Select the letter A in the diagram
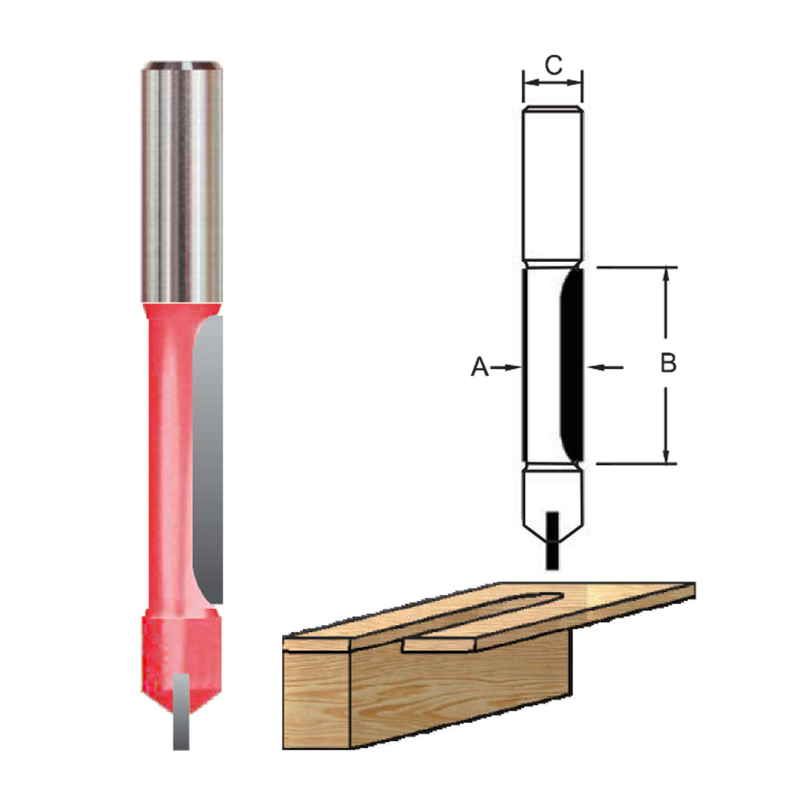(480, 367)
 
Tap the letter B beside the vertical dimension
(667, 363)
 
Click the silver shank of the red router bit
(182, 187)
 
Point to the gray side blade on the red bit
(208, 454)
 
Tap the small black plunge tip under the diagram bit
(553, 539)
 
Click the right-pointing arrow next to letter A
(509, 367)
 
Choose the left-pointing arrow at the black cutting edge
(604, 367)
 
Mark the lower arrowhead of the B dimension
(666, 457)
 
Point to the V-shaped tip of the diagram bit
(552, 503)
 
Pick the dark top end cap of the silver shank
(182, 64)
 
